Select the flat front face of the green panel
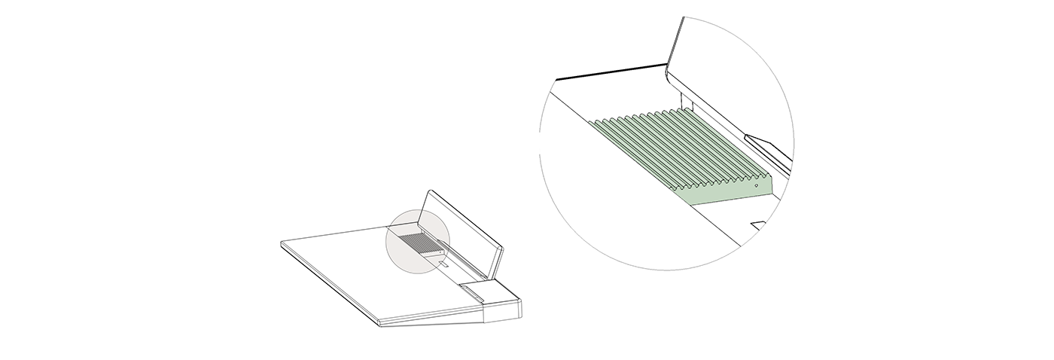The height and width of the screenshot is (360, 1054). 730,194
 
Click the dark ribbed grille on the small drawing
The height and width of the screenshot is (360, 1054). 416,243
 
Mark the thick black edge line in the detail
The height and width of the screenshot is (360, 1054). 610,73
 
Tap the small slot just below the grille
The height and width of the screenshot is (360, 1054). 444,264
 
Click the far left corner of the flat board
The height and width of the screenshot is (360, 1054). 282,243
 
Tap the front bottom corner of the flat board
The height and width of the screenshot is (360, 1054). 379,325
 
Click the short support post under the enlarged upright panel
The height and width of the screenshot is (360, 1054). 685,99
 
